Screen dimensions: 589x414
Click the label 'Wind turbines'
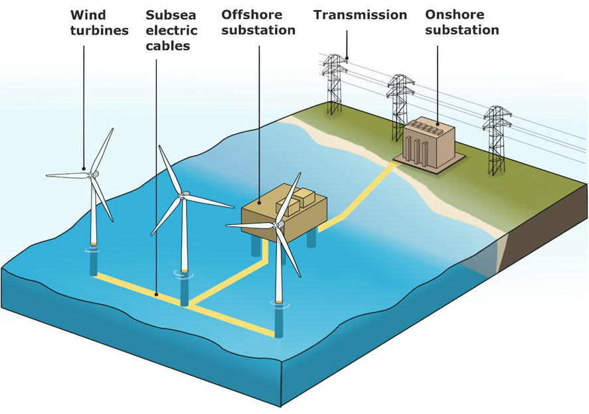coord(99,23)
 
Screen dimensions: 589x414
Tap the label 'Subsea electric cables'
coord(171,31)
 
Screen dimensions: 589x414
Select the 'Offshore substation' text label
coord(258,23)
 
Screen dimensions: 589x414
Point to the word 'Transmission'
coord(360,15)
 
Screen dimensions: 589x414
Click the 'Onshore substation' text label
coord(462,23)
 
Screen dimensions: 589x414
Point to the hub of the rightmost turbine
coord(279,224)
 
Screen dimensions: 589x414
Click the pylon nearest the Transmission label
coord(334,84)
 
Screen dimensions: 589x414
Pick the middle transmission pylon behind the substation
coord(400,107)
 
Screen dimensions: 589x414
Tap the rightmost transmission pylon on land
coord(497,141)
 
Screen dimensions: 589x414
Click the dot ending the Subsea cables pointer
coord(157,295)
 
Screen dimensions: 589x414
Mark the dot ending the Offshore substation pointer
coord(259,202)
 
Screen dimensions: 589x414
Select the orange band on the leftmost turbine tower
coord(94,244)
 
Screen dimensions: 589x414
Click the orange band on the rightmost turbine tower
coord(279,301)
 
